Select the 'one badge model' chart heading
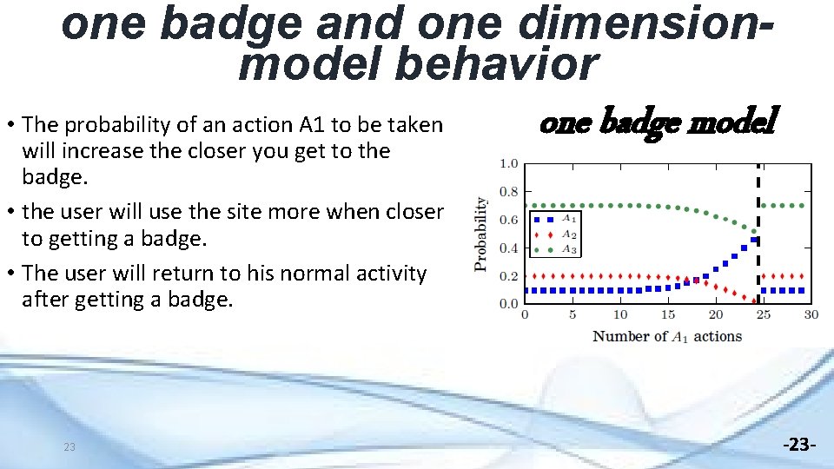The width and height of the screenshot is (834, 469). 659,122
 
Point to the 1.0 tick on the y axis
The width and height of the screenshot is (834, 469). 509,163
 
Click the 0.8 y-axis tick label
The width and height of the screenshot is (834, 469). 509,192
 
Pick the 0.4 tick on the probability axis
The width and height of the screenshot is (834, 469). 509,248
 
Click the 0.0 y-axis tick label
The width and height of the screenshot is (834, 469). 509,304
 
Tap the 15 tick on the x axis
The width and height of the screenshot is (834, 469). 667,314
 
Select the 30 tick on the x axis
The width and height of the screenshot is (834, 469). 810,314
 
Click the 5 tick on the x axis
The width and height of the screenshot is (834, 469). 572,314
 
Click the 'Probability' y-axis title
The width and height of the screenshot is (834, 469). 480,234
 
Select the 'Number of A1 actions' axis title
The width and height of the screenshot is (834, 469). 666,336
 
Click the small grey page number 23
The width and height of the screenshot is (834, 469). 69,447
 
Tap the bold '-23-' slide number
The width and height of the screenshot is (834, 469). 799,446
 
